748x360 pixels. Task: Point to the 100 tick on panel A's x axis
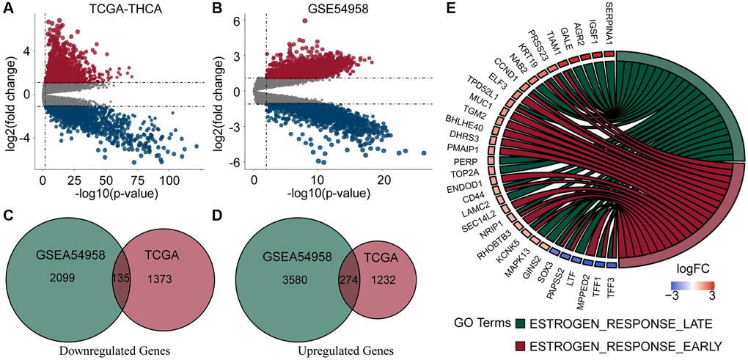170,179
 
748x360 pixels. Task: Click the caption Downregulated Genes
114,350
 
